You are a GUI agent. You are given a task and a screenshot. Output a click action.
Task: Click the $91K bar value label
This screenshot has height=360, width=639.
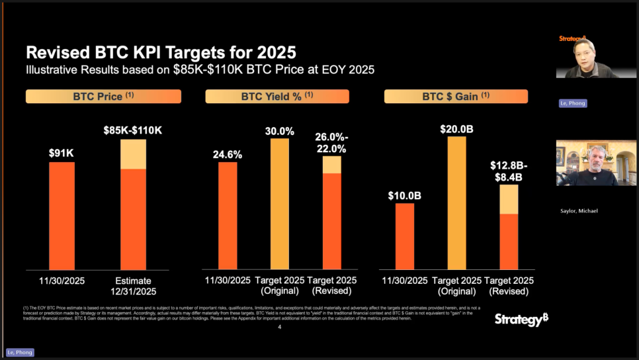click(62, 152)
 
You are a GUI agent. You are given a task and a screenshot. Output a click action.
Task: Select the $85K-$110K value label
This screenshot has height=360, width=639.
click(132, 130)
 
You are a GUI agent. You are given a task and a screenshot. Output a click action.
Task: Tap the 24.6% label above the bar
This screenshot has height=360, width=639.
click(228, 154)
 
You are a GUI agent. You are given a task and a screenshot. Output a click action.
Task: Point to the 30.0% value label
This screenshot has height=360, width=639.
click(280, 131)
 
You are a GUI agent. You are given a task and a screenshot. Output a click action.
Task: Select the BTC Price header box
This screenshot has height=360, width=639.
click(103, 97)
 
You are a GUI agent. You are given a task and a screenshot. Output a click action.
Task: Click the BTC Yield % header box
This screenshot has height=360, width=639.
click(277, 97)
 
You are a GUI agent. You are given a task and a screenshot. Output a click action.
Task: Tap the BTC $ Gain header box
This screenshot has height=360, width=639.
click(456, 97)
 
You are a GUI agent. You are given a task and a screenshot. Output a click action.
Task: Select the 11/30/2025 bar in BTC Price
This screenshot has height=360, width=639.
click(62, 216)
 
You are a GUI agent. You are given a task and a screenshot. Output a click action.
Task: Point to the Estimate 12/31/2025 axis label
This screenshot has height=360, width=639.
click(133, 286)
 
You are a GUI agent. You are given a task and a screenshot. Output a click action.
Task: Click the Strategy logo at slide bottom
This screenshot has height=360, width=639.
click(521, 320)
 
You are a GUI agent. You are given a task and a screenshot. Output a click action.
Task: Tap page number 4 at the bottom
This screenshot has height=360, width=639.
click(280, 327)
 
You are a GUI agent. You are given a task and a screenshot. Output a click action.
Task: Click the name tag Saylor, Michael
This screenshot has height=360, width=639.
click(579, 210)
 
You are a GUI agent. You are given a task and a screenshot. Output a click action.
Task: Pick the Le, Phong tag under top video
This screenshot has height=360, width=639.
click(572, 103)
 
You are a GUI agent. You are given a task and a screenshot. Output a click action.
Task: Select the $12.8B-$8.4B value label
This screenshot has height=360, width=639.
click(509, 171)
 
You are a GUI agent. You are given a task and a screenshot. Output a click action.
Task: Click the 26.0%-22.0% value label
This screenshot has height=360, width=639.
click(332, 143)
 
